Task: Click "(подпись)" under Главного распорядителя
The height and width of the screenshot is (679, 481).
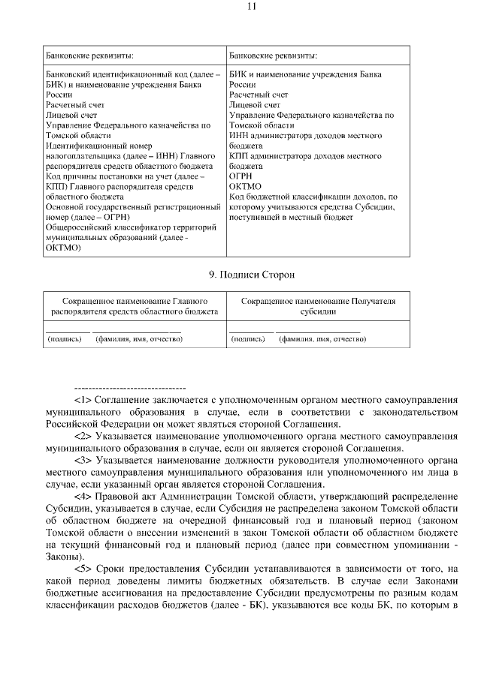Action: click(x=65, y=338)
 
